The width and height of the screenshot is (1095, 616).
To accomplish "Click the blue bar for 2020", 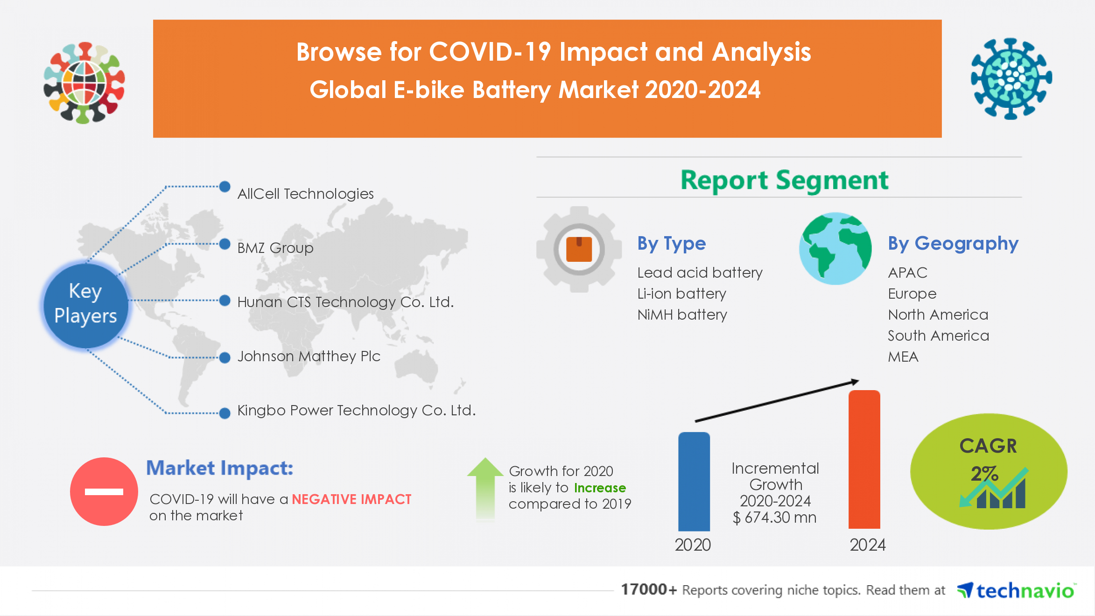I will click(x=694, y=482).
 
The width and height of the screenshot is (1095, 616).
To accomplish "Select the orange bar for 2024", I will click(x=864, y=460).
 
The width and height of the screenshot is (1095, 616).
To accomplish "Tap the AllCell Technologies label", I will click(x=305, y=194).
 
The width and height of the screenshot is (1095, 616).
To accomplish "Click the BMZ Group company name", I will click(x=275, y=248).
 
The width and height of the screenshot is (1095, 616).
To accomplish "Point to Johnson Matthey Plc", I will click(x=309, y=356).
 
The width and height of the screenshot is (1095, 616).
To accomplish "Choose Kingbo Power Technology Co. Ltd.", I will click(x=357, y=410).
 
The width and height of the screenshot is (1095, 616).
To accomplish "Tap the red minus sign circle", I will click(x=104, y=491).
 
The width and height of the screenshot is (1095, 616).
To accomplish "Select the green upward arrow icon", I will click(x=485, y=488).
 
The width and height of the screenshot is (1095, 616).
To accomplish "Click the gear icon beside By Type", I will click(x=579, y=249).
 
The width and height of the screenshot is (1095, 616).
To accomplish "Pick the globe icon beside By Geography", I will click(x=835, y=249).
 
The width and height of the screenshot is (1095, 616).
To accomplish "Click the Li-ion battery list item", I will click(x=682, y=294).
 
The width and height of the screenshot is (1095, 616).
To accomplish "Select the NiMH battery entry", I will click(x=682, y=315).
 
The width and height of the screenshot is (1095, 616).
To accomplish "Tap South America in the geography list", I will click(x=938, y=336).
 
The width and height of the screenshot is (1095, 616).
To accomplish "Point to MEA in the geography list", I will click(x=903, y=357).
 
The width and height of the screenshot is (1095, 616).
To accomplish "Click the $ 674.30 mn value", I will click(x=775, y=517).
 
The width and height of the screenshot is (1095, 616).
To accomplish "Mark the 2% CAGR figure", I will click(x=984, y=474).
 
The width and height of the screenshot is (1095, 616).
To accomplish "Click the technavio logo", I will click(x=1016, y=591).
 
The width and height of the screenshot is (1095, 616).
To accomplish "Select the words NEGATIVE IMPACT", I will click(x=351, y=499).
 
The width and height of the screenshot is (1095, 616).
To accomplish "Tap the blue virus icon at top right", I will click(x=1011, y=78).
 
